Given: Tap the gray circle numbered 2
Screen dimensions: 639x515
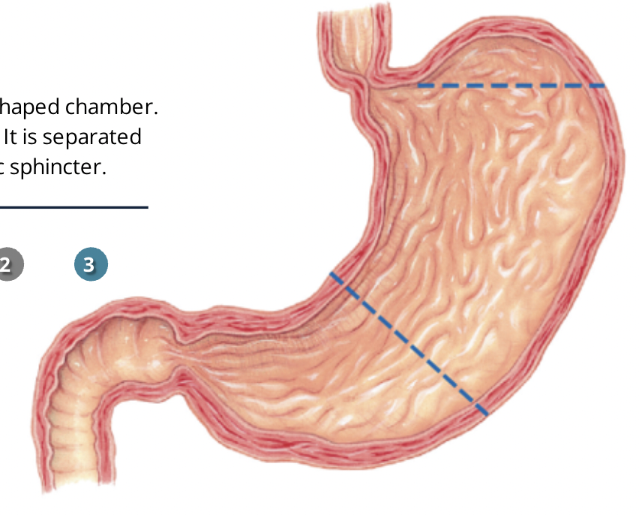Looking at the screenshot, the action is [x=8, y=265].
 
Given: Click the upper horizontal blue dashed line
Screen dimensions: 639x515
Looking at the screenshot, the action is [x=510, y=86].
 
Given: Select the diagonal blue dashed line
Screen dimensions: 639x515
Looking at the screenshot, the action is [x=409, y=344].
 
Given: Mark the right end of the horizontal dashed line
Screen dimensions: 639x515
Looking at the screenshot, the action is [x=602, y=86].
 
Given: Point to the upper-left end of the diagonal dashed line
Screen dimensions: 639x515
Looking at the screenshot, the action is [x=332, y=276].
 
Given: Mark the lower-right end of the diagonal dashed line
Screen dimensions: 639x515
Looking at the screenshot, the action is [x=485, y=413].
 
